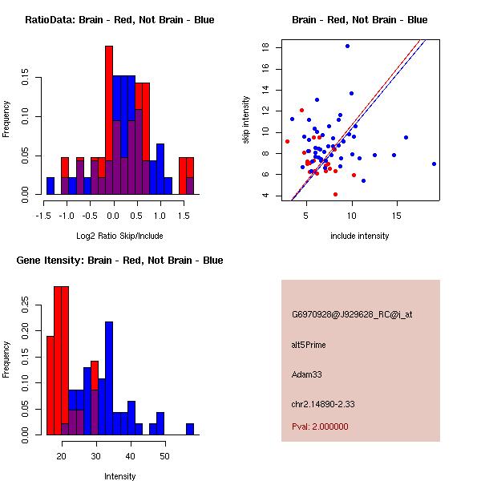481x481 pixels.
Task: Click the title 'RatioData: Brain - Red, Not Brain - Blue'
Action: pyautogui.click(x=119, y=20)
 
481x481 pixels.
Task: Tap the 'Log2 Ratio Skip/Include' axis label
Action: pyautogui.click(x=119, y=236)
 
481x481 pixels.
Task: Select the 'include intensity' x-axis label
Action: pyautogui.click(x=359, y=236)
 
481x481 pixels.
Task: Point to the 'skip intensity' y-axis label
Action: pyautogui.click(x=246, y=120)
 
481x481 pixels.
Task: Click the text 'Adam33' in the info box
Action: pyautogui.click(x=308, y=374)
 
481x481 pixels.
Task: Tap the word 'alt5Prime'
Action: pyautogui.click(x=309, y=346)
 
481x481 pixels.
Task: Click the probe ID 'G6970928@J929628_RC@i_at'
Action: pyautogui.click(x=352, y=315)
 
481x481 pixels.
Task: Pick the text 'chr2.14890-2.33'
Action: pyautogui.click(x=323, y=403)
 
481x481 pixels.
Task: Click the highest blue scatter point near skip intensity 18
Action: pyautogui.click(x=347, y=46)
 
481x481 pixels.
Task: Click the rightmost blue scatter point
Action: pyautogui.click(x=434, y=164)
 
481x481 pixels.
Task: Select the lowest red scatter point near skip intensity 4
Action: pyautogui.click(x=335, y=194)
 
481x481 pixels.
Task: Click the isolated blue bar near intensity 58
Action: pyautogui.click(x=190, y=429)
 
